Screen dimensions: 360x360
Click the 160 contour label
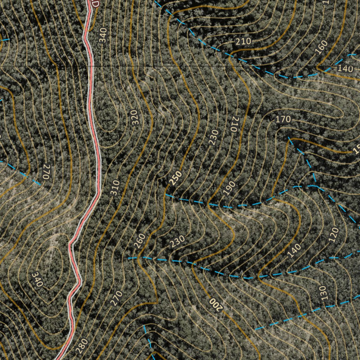pos(321,48)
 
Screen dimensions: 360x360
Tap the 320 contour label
pos(134,117)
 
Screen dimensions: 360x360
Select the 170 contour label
pos(283,119)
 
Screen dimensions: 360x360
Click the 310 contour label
pos(115,188)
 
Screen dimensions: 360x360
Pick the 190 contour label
pos(229,189)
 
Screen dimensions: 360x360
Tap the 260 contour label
pos(140,241)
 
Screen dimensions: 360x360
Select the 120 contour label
pos(334,235)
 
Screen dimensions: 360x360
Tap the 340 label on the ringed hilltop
pos(37,279)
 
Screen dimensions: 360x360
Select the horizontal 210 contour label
pos(243,41)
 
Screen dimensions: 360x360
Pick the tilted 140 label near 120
pos(294,250)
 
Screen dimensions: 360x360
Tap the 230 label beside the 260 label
pos(177,241)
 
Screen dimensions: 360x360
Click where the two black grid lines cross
pos(156,66)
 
